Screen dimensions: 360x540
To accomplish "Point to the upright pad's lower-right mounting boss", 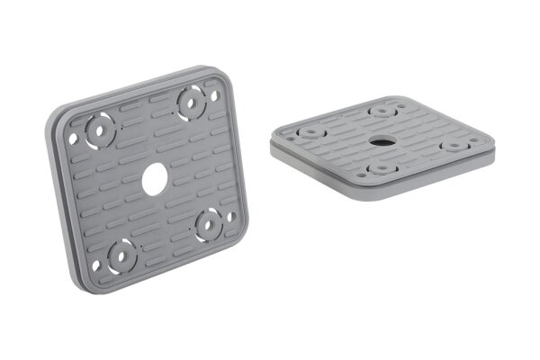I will (x=210, y=221).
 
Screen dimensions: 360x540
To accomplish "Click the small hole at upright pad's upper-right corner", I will (x=214, y=93).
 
